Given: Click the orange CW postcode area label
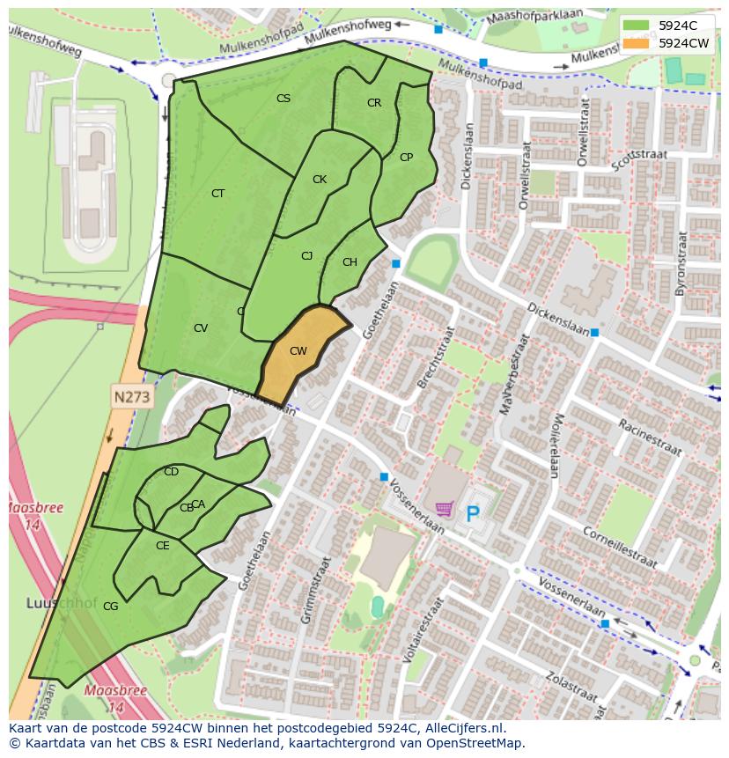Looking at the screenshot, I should click(x=298, y=351).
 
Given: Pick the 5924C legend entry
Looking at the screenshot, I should click(x=676, y=25).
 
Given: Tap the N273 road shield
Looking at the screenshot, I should click(x=132, y=397).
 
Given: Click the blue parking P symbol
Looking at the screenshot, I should click(x=473, y=512).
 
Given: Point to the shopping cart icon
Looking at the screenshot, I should click(x=445, y=509).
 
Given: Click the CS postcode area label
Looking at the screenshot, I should click(x=283, y=99).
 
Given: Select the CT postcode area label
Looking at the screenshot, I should click(x=217, y=194).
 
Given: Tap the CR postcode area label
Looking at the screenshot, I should click(x=374, y=103).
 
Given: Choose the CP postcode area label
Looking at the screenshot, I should click(x=406, y=158).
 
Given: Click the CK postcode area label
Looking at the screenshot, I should click(x=320, y=180).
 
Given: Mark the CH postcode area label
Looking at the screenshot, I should click(x=350, y=262).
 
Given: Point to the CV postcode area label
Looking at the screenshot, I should click(x=201, y=328).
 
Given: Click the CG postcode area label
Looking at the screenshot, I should click(x=110, y=607).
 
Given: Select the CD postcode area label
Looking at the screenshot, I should click(x=171, y=472).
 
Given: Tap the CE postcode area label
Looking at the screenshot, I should click(x=162, y=546).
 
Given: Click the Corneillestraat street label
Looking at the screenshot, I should click(x=621, y=547).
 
